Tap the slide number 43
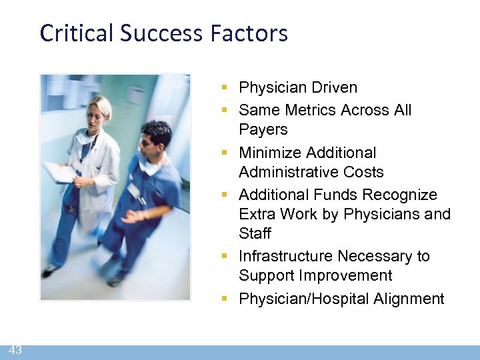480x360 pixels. coord(15,350)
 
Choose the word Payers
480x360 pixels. coord(263,129)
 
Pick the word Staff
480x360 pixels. coord(255,233)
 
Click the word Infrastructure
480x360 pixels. coord(285,256)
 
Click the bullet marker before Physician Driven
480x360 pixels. coord(227,88)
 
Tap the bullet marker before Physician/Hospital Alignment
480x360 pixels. coord(227,299)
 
